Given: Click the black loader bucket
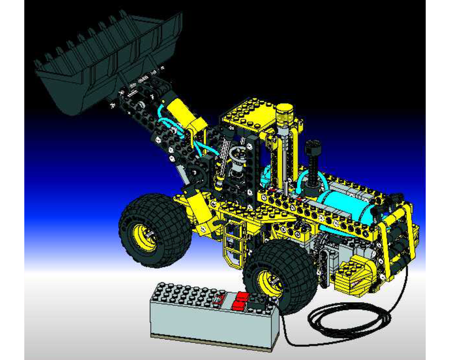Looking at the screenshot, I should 103,63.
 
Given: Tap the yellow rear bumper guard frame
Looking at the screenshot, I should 396,238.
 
